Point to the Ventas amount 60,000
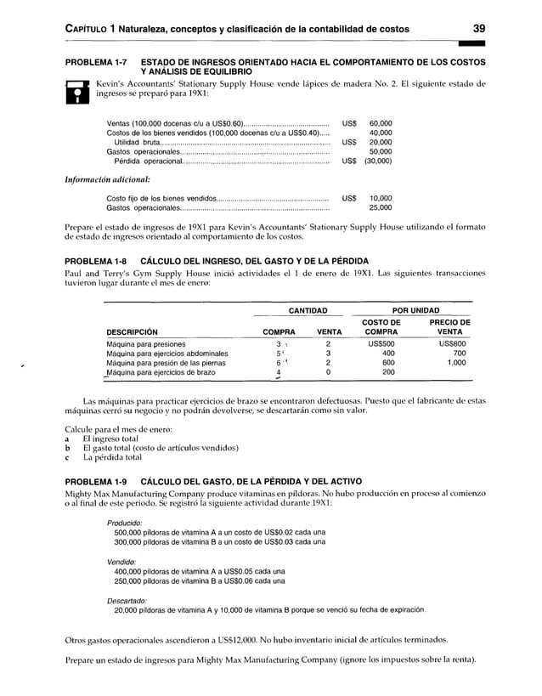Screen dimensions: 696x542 coord(380,123)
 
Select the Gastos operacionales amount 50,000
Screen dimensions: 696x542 coord(380,151)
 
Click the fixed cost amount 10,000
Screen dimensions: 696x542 coord(380,197)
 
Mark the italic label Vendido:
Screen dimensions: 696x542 coord(122,562)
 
